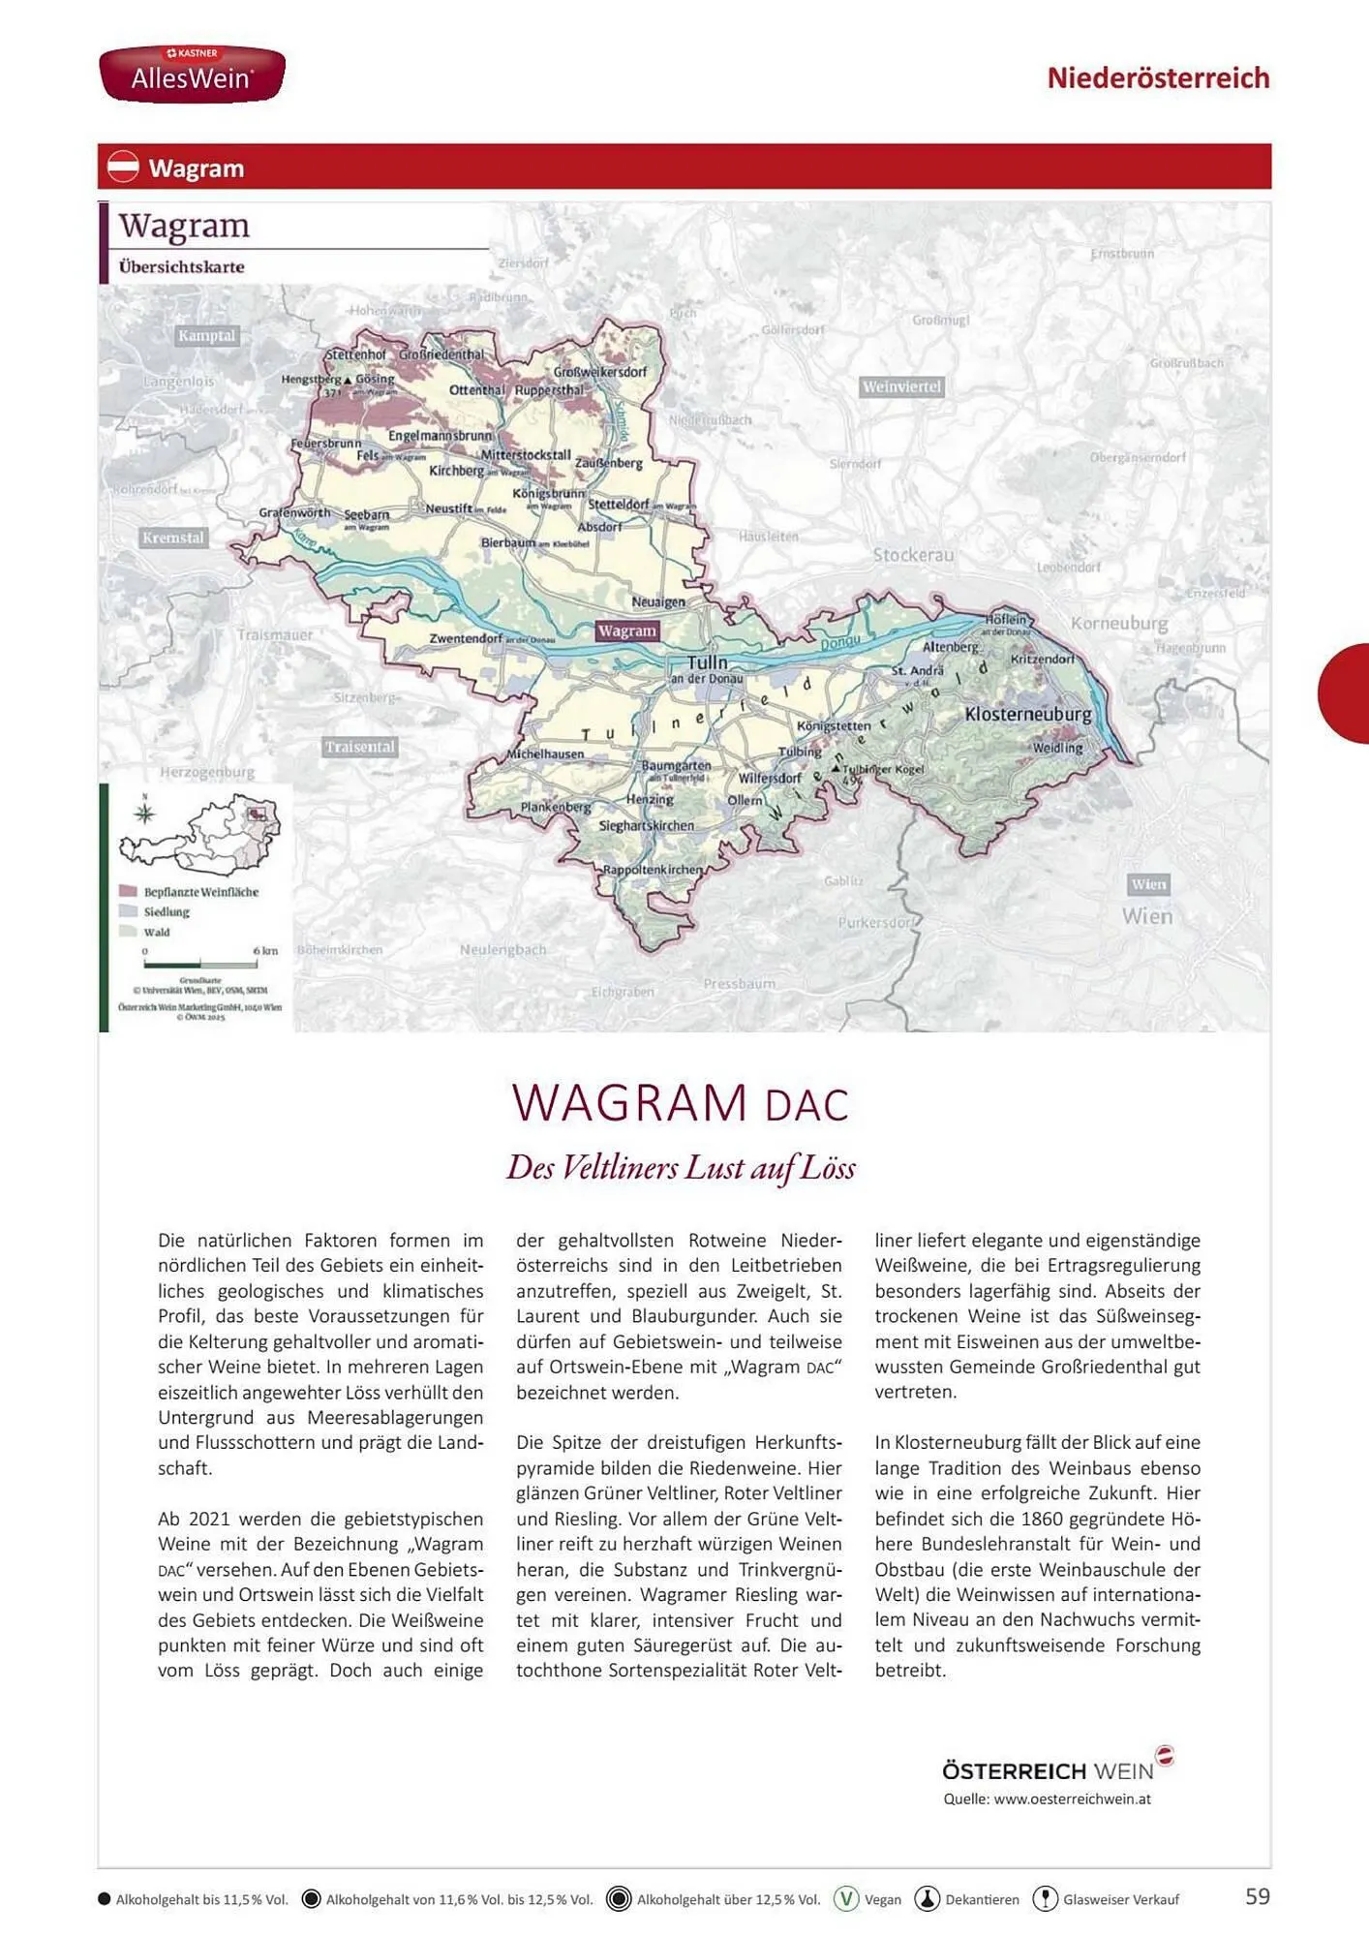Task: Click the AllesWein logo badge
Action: (x=192, y=74)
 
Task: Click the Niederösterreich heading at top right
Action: (x=1158, y=77)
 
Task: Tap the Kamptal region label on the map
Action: (x=206, y=336)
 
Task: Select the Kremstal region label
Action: (x=173, y=538)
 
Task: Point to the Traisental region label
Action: (x=359, y=747)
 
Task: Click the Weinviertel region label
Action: (x=901, y=386)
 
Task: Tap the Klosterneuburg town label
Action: (x=1027, y=714)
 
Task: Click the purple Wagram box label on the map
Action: (x=627, y=630)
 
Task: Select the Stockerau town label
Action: (x=913, y=555)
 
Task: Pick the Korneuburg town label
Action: (x=1118, y=623)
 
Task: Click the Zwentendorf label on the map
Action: (x=466, y=638)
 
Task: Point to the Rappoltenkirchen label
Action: (x=652, y=869)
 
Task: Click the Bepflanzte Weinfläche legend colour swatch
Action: (x=128, y=891)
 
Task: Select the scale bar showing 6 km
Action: (x=200, y=965)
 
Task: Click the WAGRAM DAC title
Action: (x=680, y=1103)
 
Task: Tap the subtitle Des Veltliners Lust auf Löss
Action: (x=681, y=1167)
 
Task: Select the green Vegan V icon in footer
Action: (x=846, y=1898)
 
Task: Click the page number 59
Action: (x=1257, y=1896)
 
